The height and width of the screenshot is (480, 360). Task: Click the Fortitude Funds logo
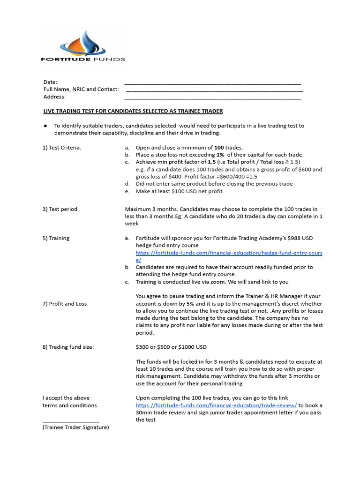coord(83,46)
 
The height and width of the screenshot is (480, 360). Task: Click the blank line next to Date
coord(212,83)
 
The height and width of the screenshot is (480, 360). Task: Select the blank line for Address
coord(212,98)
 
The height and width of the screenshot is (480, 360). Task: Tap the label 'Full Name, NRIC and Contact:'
coord(81,89)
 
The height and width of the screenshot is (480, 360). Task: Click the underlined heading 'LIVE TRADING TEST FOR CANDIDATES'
coord(133,111)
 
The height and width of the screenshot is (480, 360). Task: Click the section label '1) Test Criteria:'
coord(62,148)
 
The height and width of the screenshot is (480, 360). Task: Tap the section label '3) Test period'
coord(60,209)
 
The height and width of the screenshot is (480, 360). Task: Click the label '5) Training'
coord(56,238)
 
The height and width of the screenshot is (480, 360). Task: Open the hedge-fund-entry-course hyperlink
coord(229,253)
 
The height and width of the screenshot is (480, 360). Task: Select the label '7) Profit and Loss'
coord(65,304)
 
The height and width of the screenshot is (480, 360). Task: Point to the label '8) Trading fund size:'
coord(68,347)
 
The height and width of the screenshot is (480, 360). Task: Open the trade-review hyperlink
coord(216,405)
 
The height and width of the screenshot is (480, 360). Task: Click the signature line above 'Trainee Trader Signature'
coord(71,421)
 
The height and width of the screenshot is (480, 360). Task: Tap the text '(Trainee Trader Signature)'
coord(75,427)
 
